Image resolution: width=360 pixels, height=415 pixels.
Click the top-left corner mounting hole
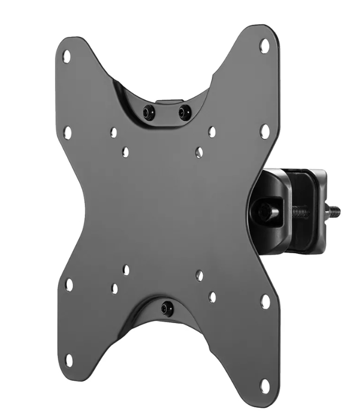point(67,56)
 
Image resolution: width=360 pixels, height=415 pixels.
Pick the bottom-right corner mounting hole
point(265,385)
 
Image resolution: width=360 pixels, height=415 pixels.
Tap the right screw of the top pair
point(184,112)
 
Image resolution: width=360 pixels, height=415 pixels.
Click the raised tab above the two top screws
point(167,102)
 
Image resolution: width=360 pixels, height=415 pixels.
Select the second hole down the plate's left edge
point(67,132)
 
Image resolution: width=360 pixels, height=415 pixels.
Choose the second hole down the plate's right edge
point(265,131)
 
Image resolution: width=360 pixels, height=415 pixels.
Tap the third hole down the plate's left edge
point(69,285)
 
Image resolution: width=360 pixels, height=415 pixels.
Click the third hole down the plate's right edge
point(265,302)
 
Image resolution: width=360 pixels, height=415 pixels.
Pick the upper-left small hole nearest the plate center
point(126,152)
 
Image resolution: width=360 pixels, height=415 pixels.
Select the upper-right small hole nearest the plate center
point(199,151)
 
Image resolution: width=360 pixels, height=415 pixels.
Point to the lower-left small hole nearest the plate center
point(126,270)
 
